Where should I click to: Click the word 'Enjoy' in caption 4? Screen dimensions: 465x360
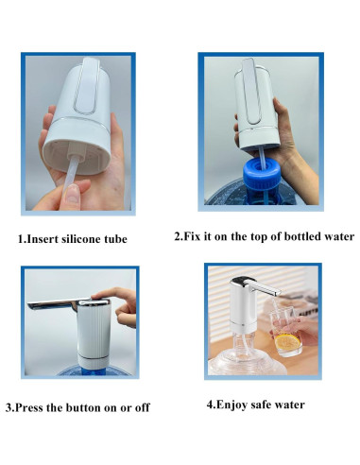[x=233, y=405]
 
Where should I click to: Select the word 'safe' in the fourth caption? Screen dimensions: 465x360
[x=267, y=405]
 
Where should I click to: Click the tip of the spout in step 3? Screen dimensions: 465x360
[x=34, y=304]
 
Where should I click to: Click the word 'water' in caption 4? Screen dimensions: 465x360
[x=294, y=405]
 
